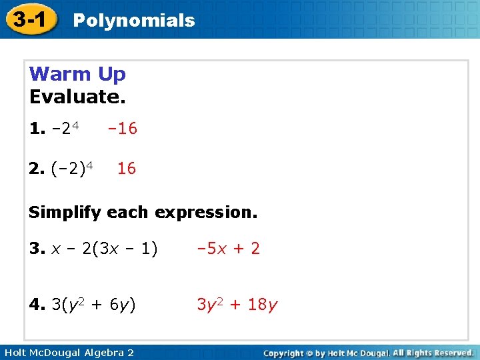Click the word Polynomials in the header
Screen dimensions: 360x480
tap(133, 21)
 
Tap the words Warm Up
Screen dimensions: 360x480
tap(77, 74)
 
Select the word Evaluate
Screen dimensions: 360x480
tap(77, 97)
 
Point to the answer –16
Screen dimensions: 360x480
tap(122, 129)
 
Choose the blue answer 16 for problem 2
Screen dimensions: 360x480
tap(126, 169)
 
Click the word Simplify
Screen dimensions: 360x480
tap(65, 213)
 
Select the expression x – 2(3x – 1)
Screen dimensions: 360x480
tap(104, 249)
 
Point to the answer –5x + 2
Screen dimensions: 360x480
tap(228, 249)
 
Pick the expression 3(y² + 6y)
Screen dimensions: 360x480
tap(93, 305)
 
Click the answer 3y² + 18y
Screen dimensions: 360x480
tap(237, 305)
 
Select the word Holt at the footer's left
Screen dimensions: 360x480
tap(14, 352)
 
